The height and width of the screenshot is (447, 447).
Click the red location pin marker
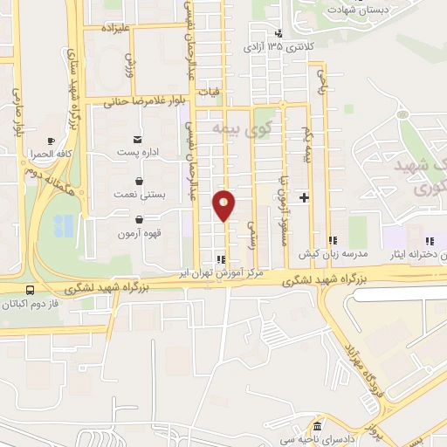[224, 205]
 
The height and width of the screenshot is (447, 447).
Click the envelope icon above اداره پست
[137, 138]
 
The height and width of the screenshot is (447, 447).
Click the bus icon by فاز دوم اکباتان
[31, 291]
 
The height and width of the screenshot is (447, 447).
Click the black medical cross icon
[304, 198]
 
